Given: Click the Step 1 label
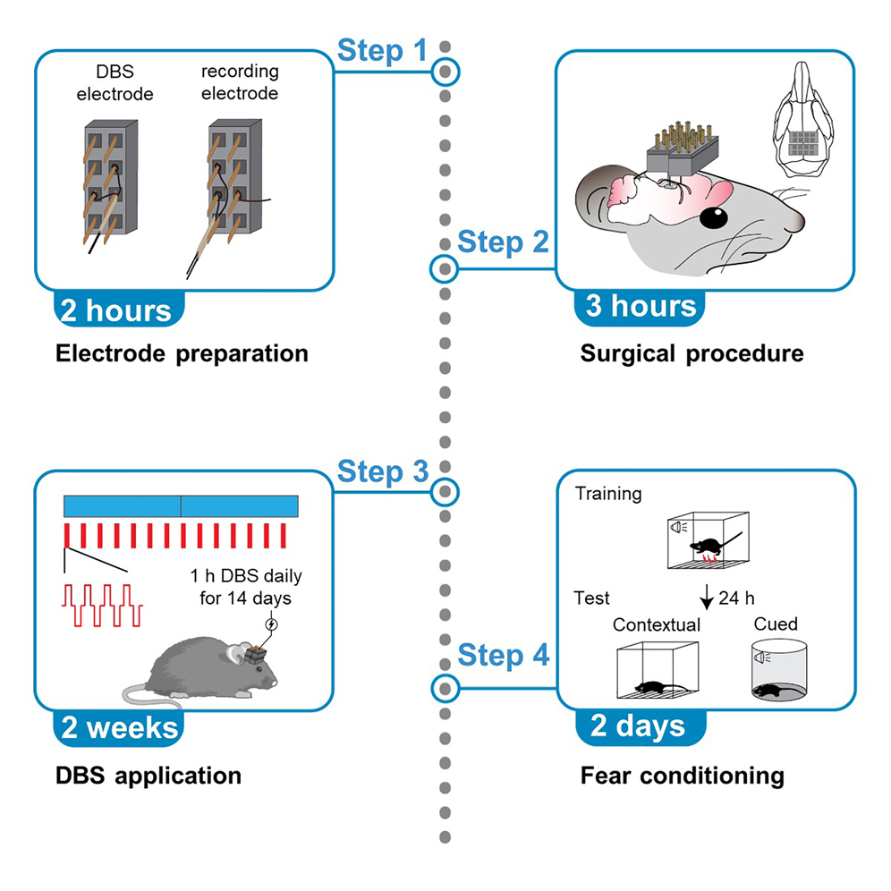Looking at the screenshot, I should (382, 51).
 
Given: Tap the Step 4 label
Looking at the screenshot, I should (503, 655).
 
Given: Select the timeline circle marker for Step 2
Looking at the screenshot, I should (445, 267).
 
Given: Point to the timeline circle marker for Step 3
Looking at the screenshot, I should (445, 491).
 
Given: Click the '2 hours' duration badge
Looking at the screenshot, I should (115, 310).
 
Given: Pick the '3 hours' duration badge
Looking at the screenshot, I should (640, 306).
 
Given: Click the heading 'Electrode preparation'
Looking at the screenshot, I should (182, 354).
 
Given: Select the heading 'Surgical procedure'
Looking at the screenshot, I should (692, 354).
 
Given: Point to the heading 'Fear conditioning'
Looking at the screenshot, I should (682, 775).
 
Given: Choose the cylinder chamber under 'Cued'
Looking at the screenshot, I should (776, 672).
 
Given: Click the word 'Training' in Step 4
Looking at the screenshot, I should (608, 494).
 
